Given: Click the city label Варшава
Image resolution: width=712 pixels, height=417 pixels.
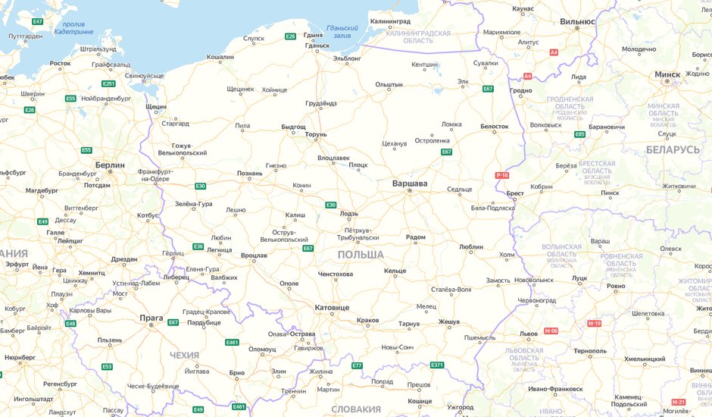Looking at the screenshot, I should pyautogui.click(x=410, y=183).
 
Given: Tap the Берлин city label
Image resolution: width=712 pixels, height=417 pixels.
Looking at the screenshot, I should pyautogui.click(x=110, y=164).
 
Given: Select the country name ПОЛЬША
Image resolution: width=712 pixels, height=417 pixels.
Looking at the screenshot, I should pyautogui.click(x=361, y=255).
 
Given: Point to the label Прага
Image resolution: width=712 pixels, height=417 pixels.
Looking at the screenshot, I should pyautogui.click(x=151, y=318).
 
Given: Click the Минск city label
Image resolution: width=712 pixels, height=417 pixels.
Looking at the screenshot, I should pyautogui.click(x=667, y=74).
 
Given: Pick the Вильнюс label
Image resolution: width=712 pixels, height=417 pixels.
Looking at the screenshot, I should pyautogui.click(x=577, y=22).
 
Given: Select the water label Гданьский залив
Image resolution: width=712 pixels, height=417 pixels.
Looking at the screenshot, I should pyautogui.click(x=338, y=31).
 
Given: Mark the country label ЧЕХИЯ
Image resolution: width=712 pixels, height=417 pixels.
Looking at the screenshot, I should pyautogui.click(x=184, y=355).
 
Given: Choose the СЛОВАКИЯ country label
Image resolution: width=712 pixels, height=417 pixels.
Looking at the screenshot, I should pyautogui.click(x=356, y=409).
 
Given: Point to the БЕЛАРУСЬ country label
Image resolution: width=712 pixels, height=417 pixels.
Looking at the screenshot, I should pyautogui.click(x=673, y=149).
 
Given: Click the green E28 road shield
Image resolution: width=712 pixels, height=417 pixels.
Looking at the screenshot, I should pyautogui.click(x=290, y=36).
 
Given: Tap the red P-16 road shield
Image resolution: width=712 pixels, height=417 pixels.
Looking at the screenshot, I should pyautogui.click(x=502, y=175).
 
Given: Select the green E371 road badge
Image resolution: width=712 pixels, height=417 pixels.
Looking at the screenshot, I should pyautogui.click(x=437, y=365).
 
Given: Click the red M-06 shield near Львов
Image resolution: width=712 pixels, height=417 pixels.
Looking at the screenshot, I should pyautogui.click(x=551, y=331).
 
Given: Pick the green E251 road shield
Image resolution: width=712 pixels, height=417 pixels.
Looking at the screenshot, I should pyautogui.click(x=108, y=83).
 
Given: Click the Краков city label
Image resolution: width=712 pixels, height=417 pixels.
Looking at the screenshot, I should pyautogui.click(x=367, y=321).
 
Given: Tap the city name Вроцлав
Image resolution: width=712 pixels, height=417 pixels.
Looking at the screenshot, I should pyautogui.click(x=254, y=256).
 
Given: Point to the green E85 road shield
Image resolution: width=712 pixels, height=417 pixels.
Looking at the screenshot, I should pyautogui.click(x=580, y=134).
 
